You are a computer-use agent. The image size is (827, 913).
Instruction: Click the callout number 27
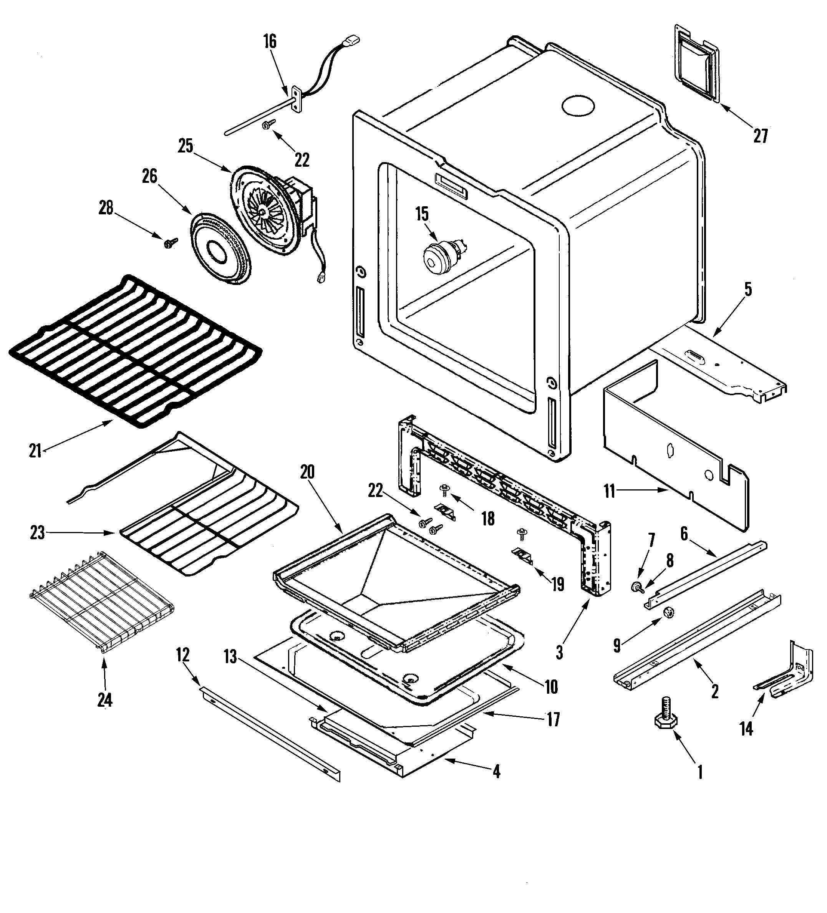tap(761, 136)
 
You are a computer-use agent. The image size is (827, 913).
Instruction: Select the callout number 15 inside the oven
tap(422, 214)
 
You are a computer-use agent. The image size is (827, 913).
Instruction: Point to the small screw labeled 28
tap(171, 243)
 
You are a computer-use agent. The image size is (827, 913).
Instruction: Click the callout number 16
tap(270, 41)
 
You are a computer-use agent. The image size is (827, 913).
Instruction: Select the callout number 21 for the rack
tap(35, 451)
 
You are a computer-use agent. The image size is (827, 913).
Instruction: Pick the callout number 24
tap(104, 700)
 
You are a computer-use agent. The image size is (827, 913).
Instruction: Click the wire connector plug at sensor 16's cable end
tap(352, 41)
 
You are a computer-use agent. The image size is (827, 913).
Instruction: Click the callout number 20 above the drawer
tap(307, 472)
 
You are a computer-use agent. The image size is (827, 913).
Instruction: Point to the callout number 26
tap(149, 176)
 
